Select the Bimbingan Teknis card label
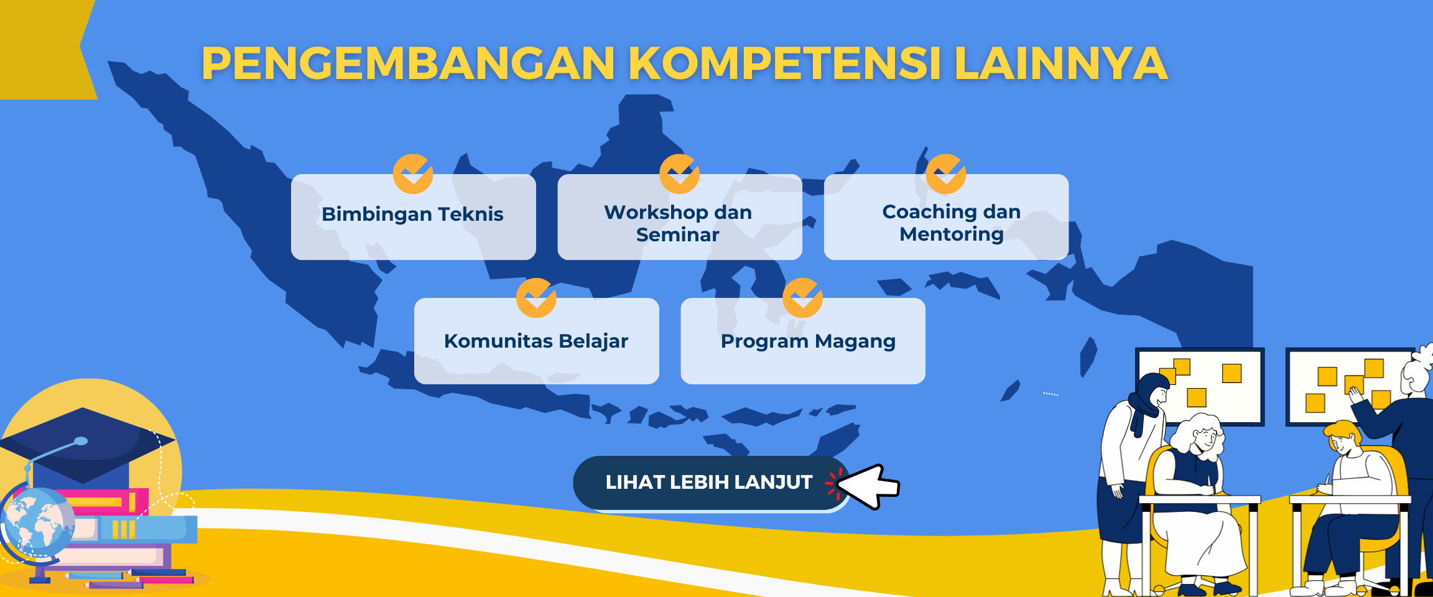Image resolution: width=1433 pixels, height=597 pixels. click(412, 214)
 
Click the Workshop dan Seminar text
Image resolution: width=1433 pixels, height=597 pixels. click(678, 223)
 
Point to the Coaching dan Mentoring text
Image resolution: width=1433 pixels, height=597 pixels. click(951, 223)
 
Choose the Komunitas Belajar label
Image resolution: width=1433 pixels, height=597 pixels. click(536, 341)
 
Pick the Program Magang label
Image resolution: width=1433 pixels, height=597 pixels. click(808, 341)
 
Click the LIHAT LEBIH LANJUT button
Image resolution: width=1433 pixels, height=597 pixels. click(708, 483)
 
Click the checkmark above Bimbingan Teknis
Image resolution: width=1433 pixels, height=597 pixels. click(413, 174)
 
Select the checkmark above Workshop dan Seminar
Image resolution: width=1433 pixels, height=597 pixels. click(679, 174)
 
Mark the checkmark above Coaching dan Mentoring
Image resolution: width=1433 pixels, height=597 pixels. click(945, 174)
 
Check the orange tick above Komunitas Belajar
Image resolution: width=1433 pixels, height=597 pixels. click(536, 298)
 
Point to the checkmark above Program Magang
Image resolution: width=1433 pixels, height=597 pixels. click(802, 298)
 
